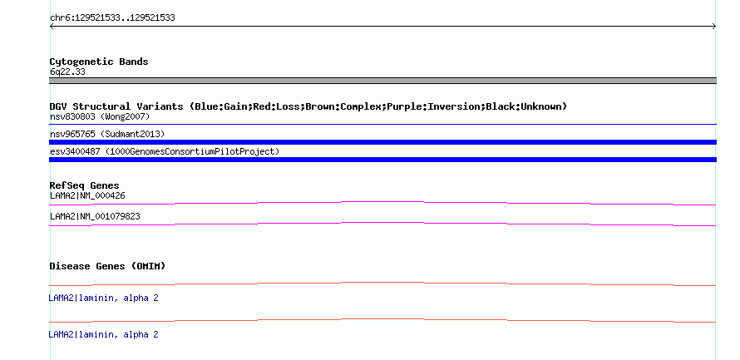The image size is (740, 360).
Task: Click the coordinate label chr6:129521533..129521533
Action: pos(112,18)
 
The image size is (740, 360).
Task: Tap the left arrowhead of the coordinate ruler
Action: pos(51,27)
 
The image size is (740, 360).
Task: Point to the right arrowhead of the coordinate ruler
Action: pos(714,27)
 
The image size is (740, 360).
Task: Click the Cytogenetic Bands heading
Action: pos(99,62)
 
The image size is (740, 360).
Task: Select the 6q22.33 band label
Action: pos(67,72)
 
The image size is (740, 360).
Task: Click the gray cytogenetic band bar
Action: pos(382,81)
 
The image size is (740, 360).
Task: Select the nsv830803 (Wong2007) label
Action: pos(100,116)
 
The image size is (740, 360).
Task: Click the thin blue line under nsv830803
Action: pos(382,125)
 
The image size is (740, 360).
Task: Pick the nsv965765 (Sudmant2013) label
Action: pos(107,135)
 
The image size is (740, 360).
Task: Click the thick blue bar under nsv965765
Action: pos(382,142)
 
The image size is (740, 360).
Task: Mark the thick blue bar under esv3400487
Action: pos(382,160)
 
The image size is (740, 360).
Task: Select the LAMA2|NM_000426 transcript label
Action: pos(87,196)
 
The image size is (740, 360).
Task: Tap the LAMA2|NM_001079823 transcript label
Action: pos(95,216)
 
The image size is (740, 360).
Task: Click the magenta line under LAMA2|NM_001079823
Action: pos(382,223)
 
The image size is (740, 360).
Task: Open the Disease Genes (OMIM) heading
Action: pos(107,267)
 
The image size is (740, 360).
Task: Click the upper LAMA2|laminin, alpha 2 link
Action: pos(103,298)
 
